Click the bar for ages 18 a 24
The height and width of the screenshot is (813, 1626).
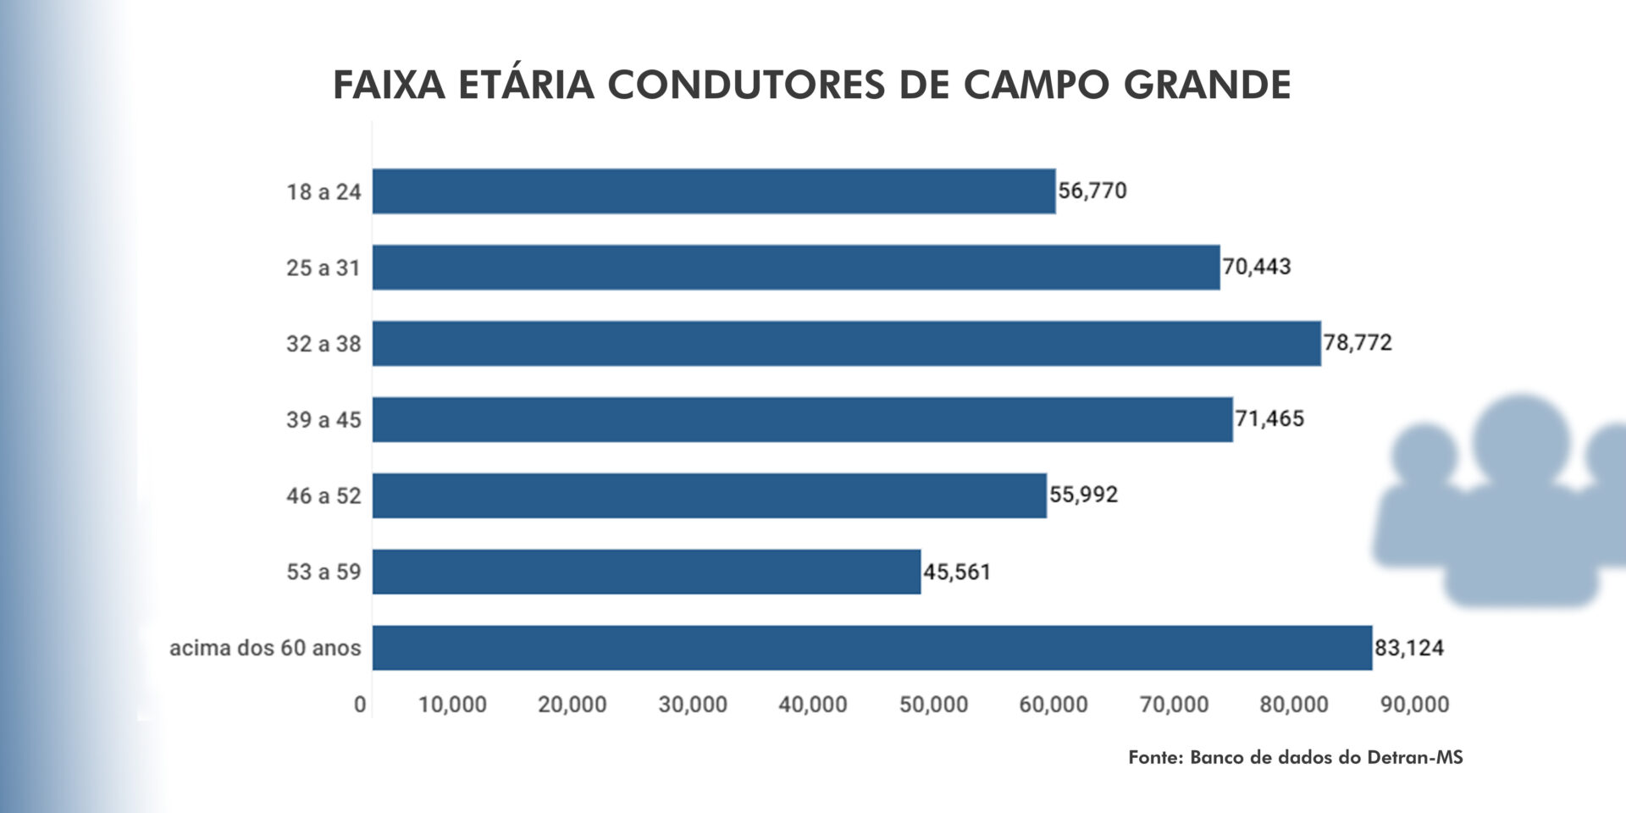pos(714,191)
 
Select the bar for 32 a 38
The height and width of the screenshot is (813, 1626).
pos(847,343)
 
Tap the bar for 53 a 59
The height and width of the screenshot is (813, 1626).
pos(646,572)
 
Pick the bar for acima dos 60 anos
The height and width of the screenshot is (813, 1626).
pos(872,648)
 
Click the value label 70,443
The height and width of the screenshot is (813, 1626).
pos(1257,267)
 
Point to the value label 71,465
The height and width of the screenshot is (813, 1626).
pos(1269,418)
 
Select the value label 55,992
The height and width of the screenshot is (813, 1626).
pos(1084,495)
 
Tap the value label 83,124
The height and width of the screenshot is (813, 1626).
pos(1409,648)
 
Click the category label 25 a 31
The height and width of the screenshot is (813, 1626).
pos(324,268)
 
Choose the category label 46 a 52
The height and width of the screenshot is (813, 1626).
pos(324,495)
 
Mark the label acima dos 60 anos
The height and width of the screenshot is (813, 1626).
pos(265,648)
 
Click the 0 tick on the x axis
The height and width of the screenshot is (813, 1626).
pos(360,705)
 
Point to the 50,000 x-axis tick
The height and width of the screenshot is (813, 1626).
pos(933,705)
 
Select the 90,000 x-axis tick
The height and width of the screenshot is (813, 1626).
pos(1415,705)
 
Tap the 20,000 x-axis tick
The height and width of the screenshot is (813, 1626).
pos(572,705)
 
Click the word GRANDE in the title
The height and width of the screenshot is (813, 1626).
pos(1208,85)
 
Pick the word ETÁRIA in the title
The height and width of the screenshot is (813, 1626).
pos(526,85)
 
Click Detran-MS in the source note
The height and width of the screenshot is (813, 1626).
pos(1415,757)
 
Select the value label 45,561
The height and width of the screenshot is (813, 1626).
pos(957,572)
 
